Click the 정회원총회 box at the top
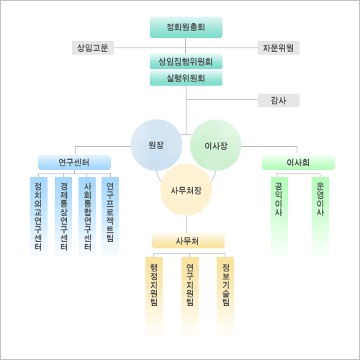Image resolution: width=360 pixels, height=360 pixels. coord(186,27)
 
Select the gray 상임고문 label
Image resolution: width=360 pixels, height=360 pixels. coord(93,48)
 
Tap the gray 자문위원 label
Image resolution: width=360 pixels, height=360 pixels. coord(279,48)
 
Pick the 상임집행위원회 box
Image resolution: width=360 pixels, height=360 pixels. coord(186,62)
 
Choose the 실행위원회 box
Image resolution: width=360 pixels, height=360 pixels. coord(186,78)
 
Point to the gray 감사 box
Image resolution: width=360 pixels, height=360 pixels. coord(279,100)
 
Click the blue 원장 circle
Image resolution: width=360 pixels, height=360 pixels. coord(156,145)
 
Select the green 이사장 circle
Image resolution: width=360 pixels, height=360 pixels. coord(215,145)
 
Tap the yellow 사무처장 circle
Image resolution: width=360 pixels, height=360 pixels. coord(186,190)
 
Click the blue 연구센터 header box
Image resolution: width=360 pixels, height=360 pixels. coord(74,163)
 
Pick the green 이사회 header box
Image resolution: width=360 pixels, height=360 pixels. coord(298,163)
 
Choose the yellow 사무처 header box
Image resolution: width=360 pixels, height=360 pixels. coord(188,240)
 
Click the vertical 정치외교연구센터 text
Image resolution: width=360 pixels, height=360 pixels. coord(38,216)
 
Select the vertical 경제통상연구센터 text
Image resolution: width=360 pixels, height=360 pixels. coord(64,216)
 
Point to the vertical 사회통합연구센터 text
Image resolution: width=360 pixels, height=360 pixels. coord(88,216)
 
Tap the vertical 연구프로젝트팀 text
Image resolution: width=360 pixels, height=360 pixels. coord(110,212)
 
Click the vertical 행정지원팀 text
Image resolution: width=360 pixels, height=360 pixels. coord(154,285)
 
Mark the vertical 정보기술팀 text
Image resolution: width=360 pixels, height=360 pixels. coord(226,285)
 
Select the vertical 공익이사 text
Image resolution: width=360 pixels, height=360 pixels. coord(279,199)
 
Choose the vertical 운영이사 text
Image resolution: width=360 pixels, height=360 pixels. coord(320,199)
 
